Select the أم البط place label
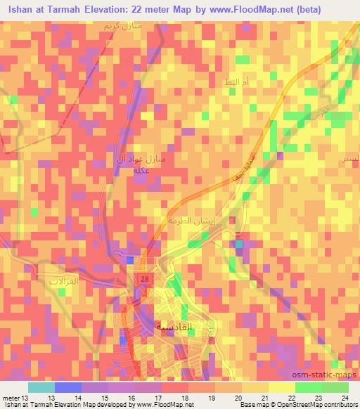tap(237, 83)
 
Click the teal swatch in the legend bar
tap(41, 387)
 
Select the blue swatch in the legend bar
tap(67, 387)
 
